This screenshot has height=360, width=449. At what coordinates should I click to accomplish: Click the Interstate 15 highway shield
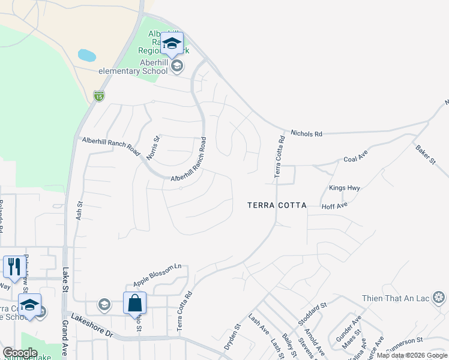point(99,95)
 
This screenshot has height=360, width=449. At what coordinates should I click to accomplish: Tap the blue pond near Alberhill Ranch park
point(87,56)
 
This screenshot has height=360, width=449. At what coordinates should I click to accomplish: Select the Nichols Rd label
point(306,133)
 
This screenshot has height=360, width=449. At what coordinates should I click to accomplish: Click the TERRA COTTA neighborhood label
point(277,205)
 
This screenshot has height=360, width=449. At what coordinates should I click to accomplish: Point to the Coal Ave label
point(355,160)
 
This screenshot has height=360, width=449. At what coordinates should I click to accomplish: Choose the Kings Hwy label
point(345,188)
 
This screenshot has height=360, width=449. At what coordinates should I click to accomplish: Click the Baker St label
point(425,154)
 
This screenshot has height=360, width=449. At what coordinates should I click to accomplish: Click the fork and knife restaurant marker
point(13,267)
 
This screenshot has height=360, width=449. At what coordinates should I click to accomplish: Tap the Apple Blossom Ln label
point(157,274)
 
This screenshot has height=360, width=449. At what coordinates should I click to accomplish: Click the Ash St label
point(79,209)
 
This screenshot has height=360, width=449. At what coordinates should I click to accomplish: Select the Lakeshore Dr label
point(92,325)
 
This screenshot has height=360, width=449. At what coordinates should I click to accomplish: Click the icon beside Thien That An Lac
point(439,298)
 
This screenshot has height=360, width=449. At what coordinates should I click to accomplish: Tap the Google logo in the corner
point(20,352)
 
